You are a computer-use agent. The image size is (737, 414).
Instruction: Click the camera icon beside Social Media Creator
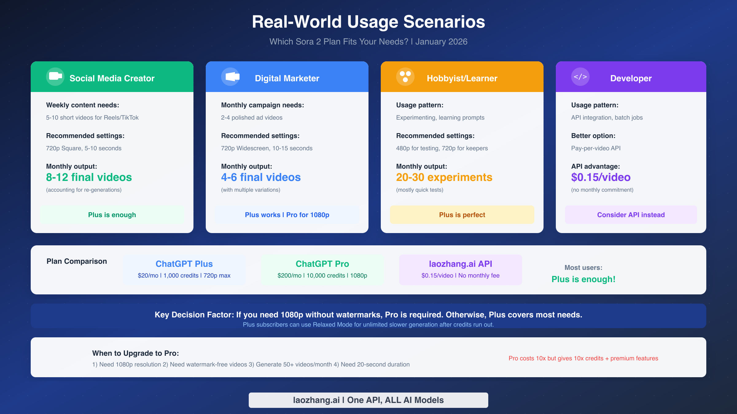click(55, 76)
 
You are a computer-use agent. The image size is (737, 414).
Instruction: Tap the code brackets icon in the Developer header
click(580, 77)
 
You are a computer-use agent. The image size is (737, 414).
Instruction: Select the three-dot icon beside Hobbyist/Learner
click(405, 76)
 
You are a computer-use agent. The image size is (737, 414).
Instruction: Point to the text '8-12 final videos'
click(89, 177)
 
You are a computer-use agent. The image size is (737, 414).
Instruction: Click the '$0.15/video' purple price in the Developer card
click(601, 177)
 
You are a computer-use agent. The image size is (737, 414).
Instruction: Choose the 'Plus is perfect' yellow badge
click(462, 215)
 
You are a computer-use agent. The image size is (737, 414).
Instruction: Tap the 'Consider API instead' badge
click(631, 215)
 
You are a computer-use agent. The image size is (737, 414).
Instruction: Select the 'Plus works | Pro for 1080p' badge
click(287, 215)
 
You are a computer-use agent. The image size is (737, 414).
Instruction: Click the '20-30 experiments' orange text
click(444, 177)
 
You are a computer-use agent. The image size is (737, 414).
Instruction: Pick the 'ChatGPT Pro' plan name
click(322, 264)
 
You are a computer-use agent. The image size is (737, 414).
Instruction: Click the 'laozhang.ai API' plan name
click(460, 264)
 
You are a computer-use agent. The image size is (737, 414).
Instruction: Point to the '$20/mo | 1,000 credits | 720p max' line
click(184, 275)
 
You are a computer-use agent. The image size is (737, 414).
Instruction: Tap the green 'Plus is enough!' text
click(583, 279)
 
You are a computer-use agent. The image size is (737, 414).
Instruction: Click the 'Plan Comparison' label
click(77, 261)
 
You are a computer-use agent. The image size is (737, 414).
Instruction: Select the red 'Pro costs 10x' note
click(583, 358)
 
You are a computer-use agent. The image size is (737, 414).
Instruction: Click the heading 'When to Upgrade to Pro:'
click(135, 353)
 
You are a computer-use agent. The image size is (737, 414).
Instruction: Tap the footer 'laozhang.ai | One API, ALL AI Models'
click(368, 400)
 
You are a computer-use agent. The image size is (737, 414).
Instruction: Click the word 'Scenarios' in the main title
click(444, 22)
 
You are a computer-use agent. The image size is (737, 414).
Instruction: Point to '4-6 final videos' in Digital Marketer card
click(261, 177)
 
